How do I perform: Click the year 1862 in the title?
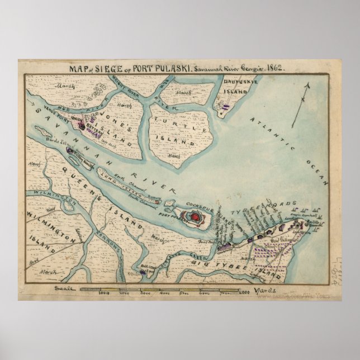[x=273, y=68]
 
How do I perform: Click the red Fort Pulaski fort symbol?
[x=196, y=216]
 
